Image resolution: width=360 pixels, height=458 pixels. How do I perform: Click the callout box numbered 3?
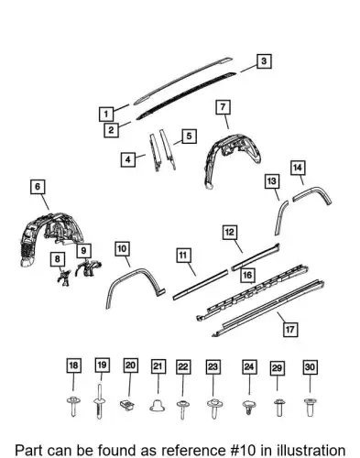(264, 61)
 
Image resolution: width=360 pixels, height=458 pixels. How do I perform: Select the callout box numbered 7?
(223, 107)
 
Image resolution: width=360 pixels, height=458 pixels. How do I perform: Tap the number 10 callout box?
(122, 248)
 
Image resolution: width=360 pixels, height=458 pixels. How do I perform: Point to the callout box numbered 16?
(247, 276)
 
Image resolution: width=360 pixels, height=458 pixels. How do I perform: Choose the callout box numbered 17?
(289, 329)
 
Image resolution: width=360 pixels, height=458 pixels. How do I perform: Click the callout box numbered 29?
(277, 368)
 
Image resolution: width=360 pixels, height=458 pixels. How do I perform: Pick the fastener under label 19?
(100, 401)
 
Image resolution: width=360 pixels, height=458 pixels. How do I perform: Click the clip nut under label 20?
(127, 405)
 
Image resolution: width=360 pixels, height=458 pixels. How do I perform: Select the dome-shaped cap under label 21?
(158, 406)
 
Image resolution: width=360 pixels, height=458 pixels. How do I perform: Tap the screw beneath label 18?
(73, 406)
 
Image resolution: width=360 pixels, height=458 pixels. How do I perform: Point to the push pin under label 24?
(249, 408)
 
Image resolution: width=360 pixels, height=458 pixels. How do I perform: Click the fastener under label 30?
(310, 407)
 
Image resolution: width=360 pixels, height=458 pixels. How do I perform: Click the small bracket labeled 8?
(64, 278)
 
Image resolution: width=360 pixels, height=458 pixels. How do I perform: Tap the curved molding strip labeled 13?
(280, 215)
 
